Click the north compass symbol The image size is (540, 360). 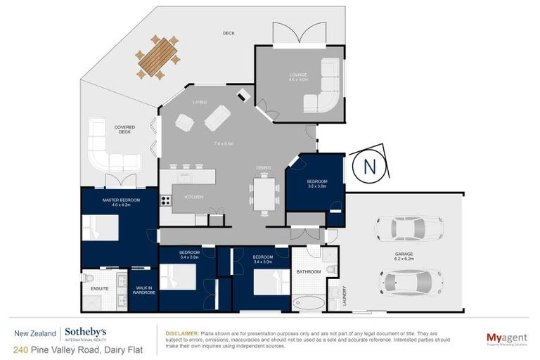(x=369, y=167)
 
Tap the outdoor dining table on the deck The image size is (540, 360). (x=158, y=58)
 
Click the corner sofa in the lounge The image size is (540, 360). (x=323, y=86)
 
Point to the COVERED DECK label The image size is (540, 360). (x=124, y=129)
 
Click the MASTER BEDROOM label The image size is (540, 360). (x=121, y=202)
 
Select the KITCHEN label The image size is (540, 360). (x=193, y=197)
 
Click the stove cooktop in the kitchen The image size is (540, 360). (x=166, y=200)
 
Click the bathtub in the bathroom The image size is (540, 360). (x=307, y=304)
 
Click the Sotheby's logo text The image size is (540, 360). (x=86, y=332)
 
